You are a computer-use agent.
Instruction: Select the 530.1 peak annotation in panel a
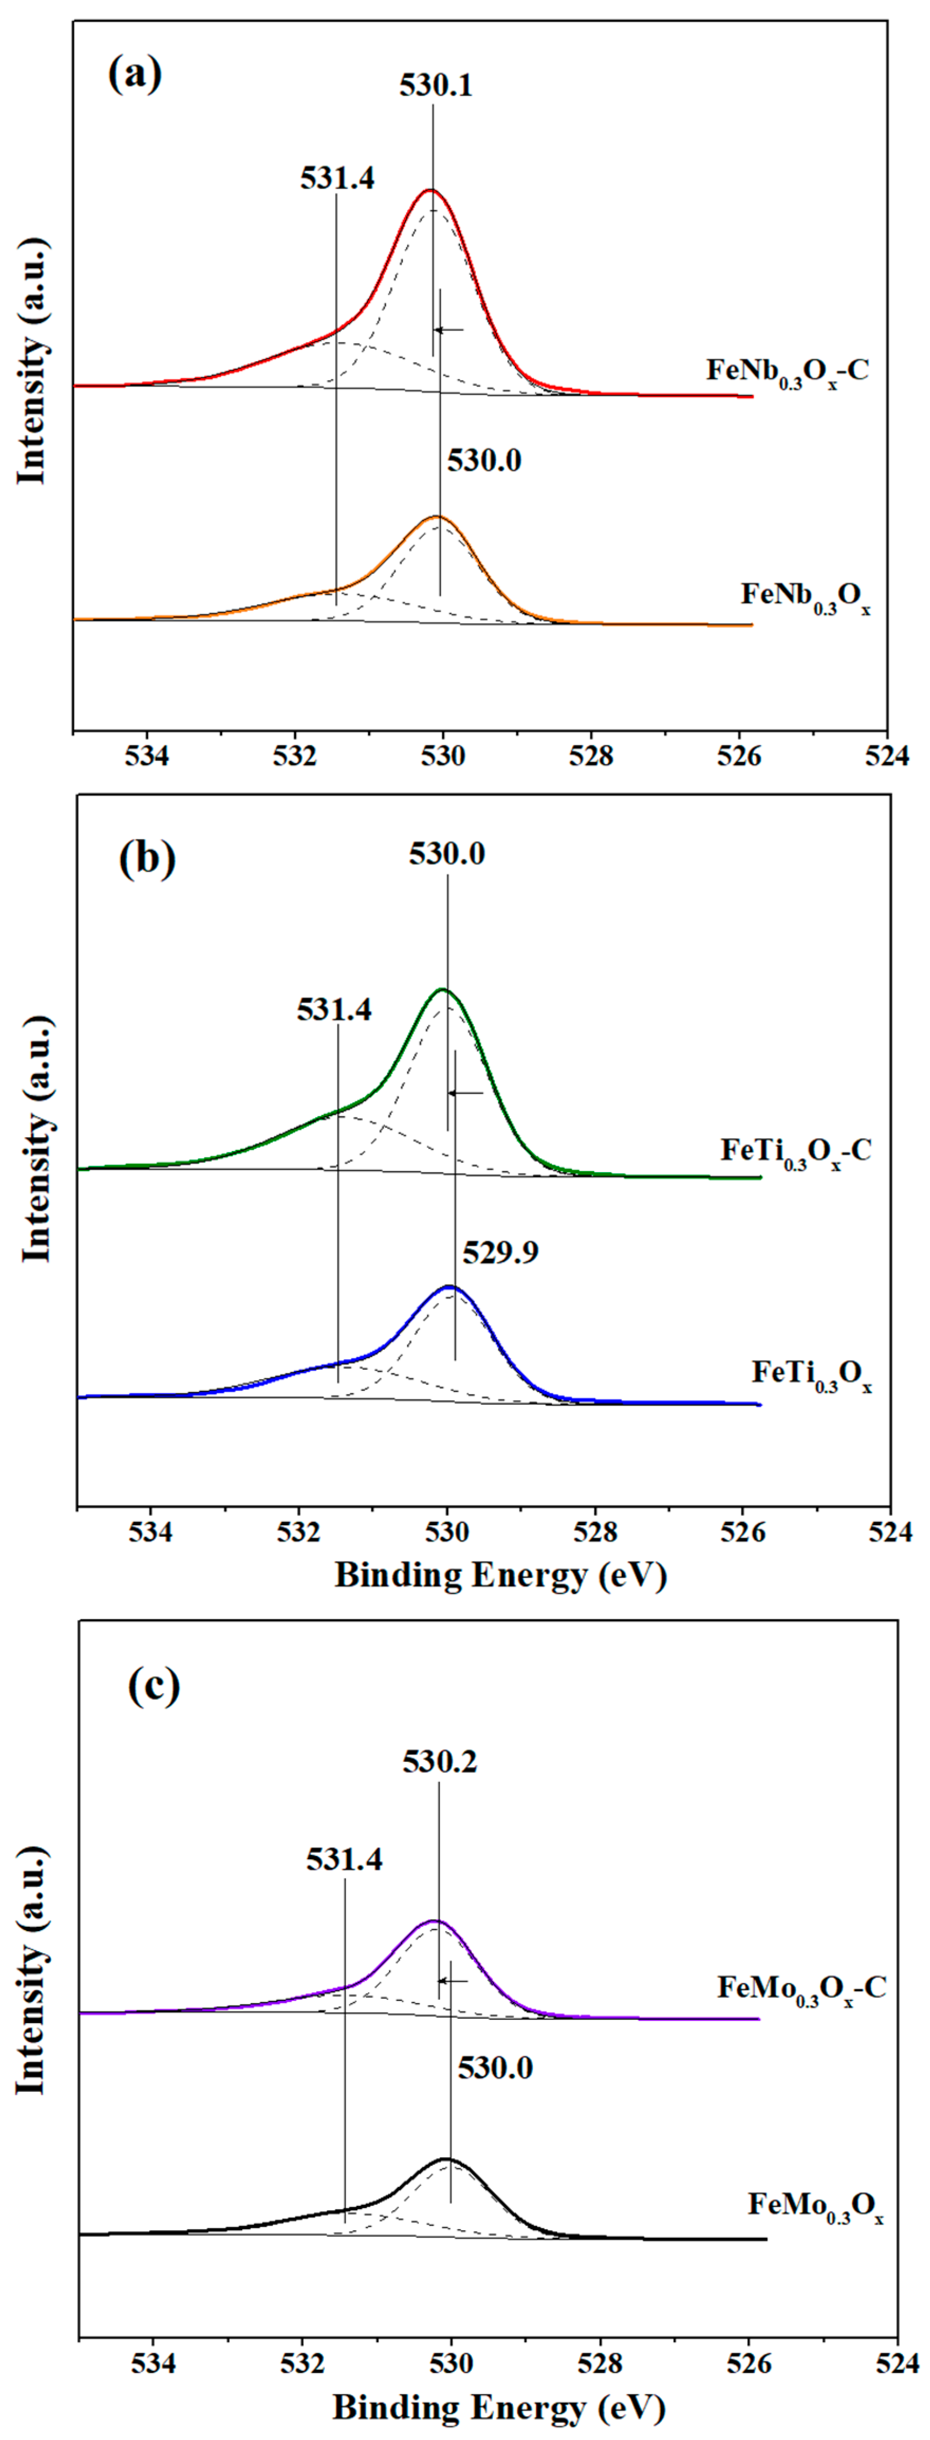click(x=435, y=86)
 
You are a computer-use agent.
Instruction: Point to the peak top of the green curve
click(x=441, y=990)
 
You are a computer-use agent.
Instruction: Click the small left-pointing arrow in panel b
click(x=465, y=1093)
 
